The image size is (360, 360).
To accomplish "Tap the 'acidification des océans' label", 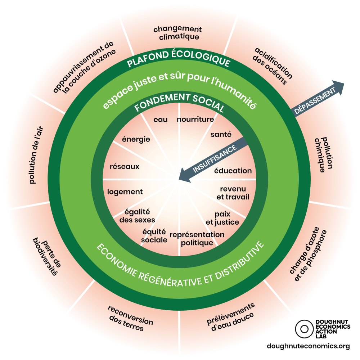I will click(273, 66).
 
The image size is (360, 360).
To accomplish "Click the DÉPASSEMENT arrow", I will click(317, 98).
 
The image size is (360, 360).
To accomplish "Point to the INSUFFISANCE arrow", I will click(212, 158).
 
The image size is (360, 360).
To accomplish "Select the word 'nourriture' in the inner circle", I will click(195, 119).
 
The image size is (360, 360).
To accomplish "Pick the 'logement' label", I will click(125, 192).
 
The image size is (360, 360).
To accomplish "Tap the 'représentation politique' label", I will click(197, 239).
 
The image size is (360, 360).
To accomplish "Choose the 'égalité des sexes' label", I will click(137, 216).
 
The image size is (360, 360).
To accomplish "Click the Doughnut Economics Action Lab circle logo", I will click(304, 328).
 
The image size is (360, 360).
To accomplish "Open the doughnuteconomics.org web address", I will click(309, 346).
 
